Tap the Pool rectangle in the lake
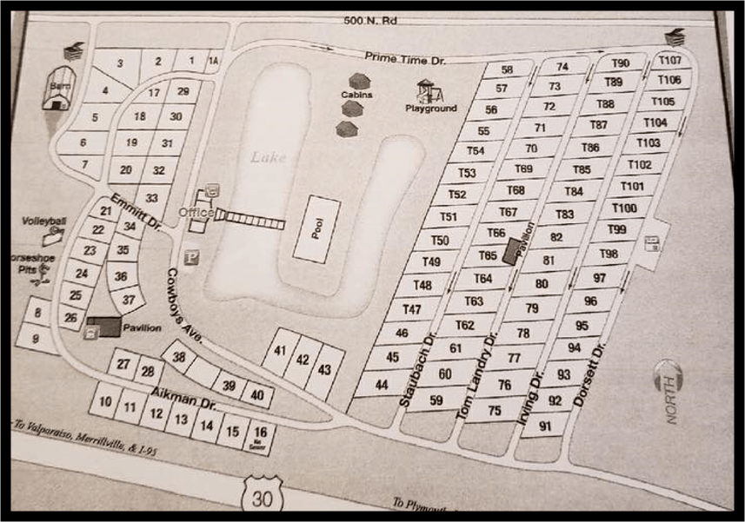(x=317, y=229)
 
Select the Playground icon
(x=427, y=91)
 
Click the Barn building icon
(x=57, y=90)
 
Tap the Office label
(x=195, y=212)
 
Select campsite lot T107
(x=669, y=61)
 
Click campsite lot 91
(x=547, y=426)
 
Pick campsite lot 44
(x=382, y=384)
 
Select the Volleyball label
(x=44, y=221)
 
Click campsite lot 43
(x=324, y=370)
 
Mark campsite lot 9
(x=34, y=338)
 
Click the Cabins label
(x=356, y=96)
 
